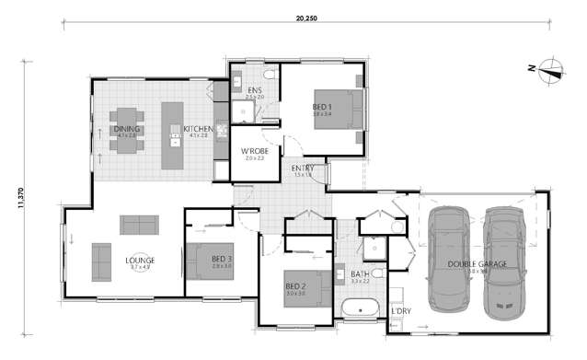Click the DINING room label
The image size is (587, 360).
coord(126,129)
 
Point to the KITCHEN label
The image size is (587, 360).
coord(198,129)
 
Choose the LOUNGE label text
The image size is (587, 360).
coord(140,261)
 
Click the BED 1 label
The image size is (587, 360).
coord(322,107)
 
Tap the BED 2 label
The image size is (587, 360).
coord(294,285)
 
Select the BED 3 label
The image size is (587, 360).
coord(221,260)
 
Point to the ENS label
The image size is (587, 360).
coord(255,89)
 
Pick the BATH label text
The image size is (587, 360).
coord(359,273)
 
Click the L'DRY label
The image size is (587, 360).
coord(400,311)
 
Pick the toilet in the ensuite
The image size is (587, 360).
coord(268,74)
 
